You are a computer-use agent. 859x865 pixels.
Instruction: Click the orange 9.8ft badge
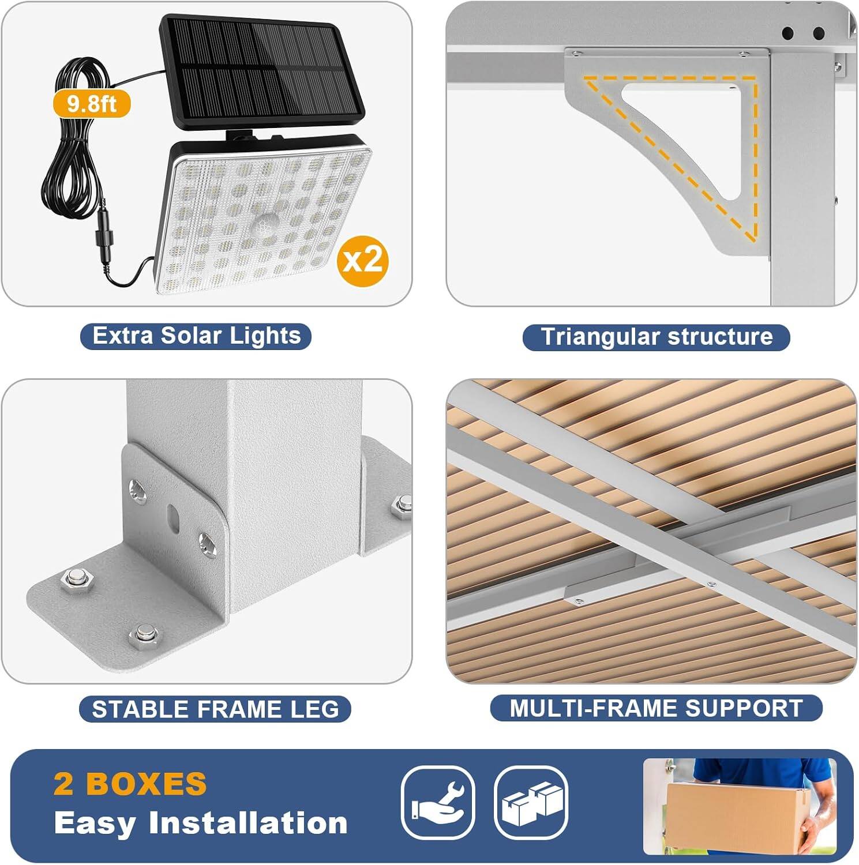tap(92, 104)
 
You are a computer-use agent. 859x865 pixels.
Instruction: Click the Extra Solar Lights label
tap(196, 336)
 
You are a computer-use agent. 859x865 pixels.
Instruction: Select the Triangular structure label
tap(656, 337)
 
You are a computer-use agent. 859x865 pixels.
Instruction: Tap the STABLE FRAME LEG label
tap(215, 709)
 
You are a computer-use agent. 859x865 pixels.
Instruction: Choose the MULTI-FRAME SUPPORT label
tap(656, 709)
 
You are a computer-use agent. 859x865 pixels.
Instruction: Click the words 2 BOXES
tap(130, 784)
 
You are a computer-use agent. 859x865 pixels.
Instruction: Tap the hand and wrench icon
tap(438, 802)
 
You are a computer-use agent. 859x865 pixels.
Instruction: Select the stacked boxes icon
tap(531, 802)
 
